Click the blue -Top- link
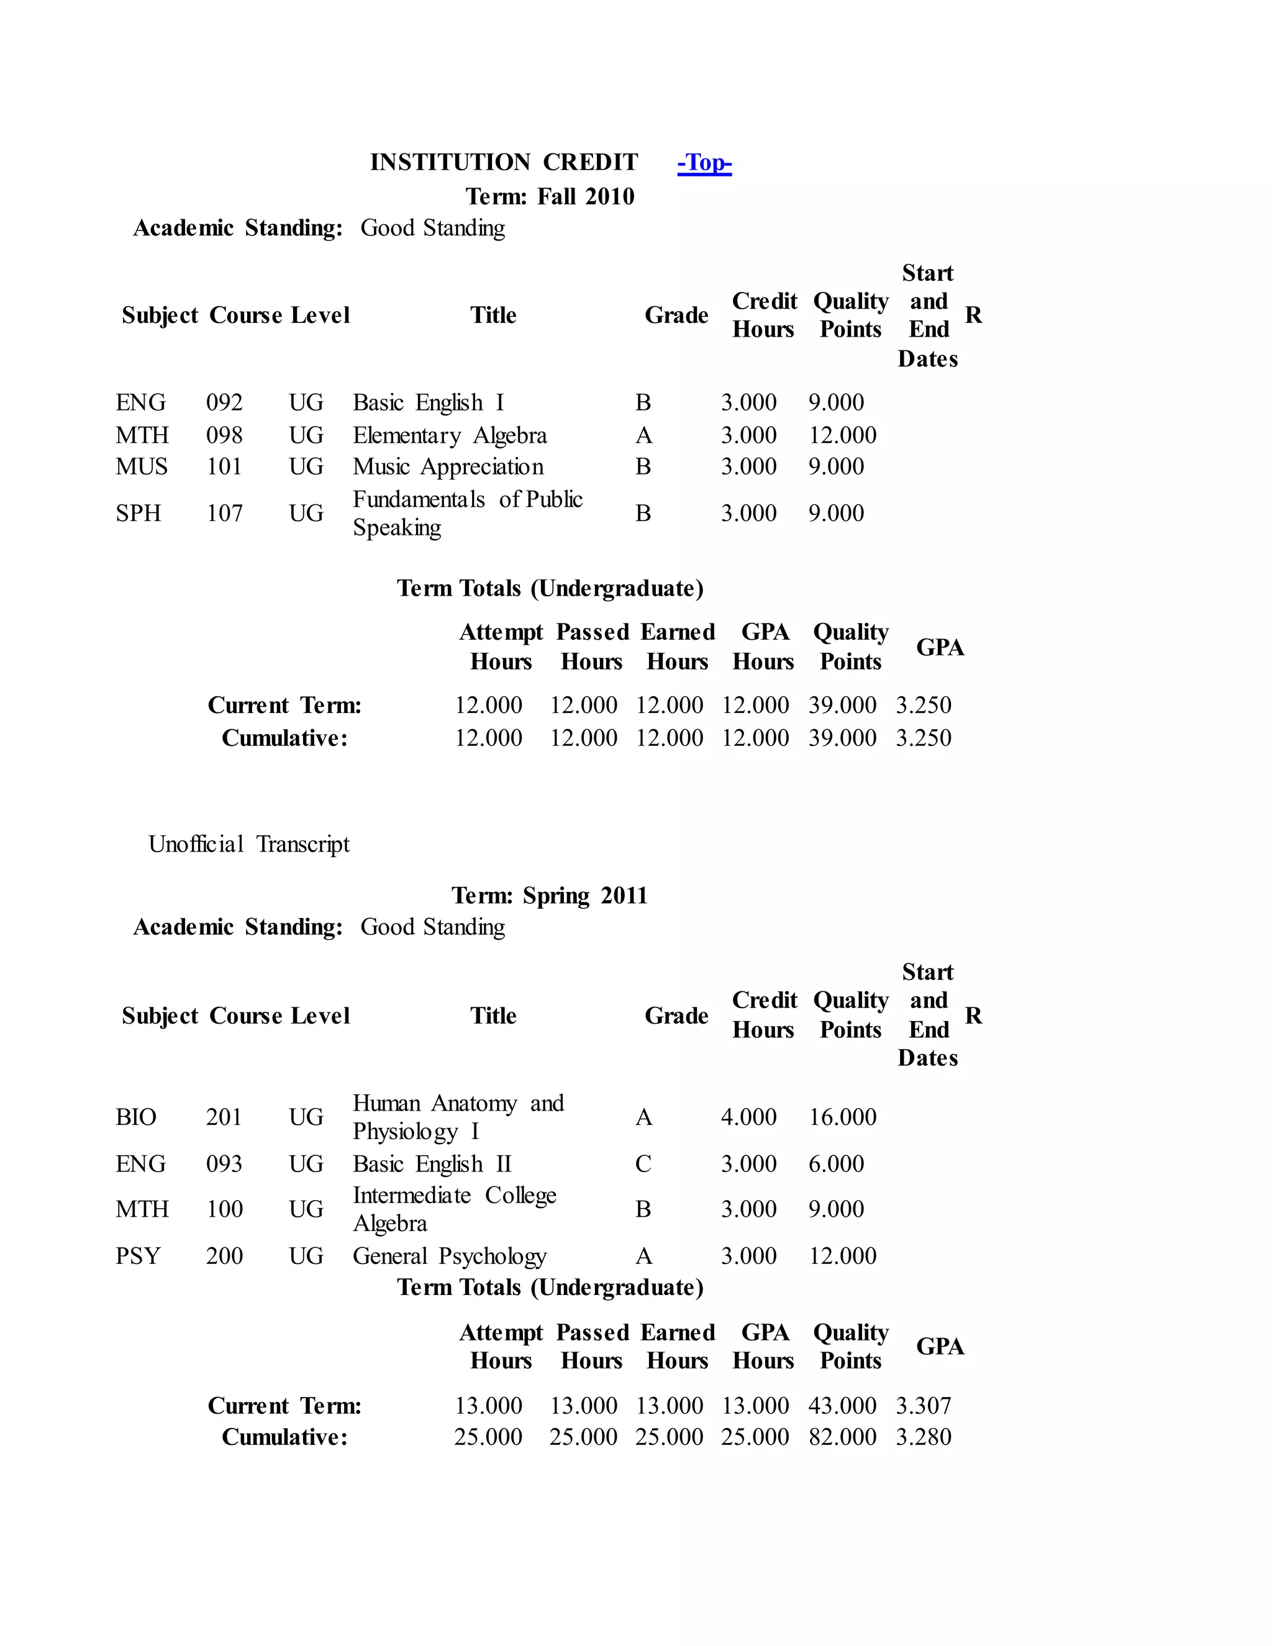click(x=704, y=163)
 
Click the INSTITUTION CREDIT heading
click(x=503, y=163)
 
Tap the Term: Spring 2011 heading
click(x=549, y=895)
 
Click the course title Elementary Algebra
click(x=450, y=435)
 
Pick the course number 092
click(x=225, y=402)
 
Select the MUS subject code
click(x=142, y=466)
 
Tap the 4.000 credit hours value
click(x=748, y=1117)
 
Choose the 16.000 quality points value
click(x=842, y=1117)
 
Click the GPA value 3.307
click(x=923, y=1406)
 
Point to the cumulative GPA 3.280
click(x=923, y=1437)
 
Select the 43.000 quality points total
click(x=842, y=1406)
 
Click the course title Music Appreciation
click(x=448, y=466)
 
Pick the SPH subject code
click(x=138, y=513)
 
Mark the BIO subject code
click(x=135, y=1117)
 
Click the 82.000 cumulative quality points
click(x=842, y=1437)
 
